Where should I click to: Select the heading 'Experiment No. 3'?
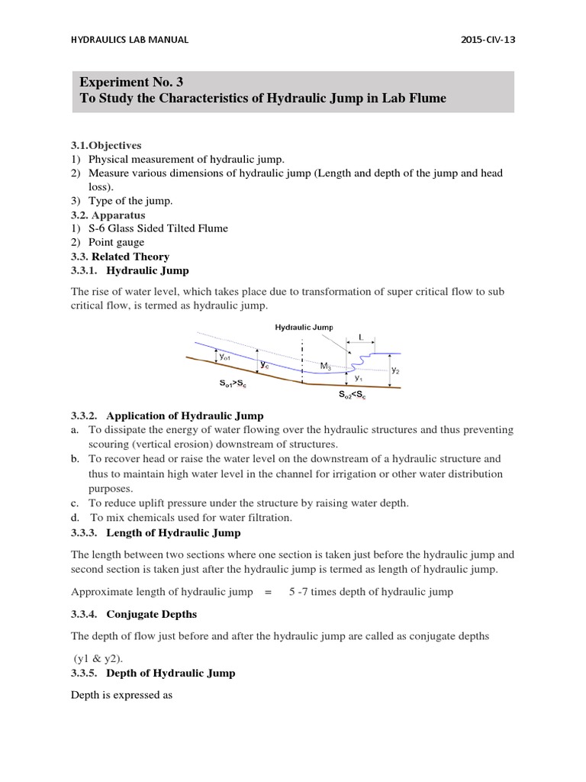click(131, 82)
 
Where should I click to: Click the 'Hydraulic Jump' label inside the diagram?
click(304, 327)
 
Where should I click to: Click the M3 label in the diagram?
click(326, 366)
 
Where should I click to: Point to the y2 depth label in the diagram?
click(394, 370)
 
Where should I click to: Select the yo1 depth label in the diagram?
click(227, 357)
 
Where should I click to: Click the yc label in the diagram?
click(264, 366)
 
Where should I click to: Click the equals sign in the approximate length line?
click(267, 592)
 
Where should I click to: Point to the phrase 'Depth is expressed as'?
click(122, 696)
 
